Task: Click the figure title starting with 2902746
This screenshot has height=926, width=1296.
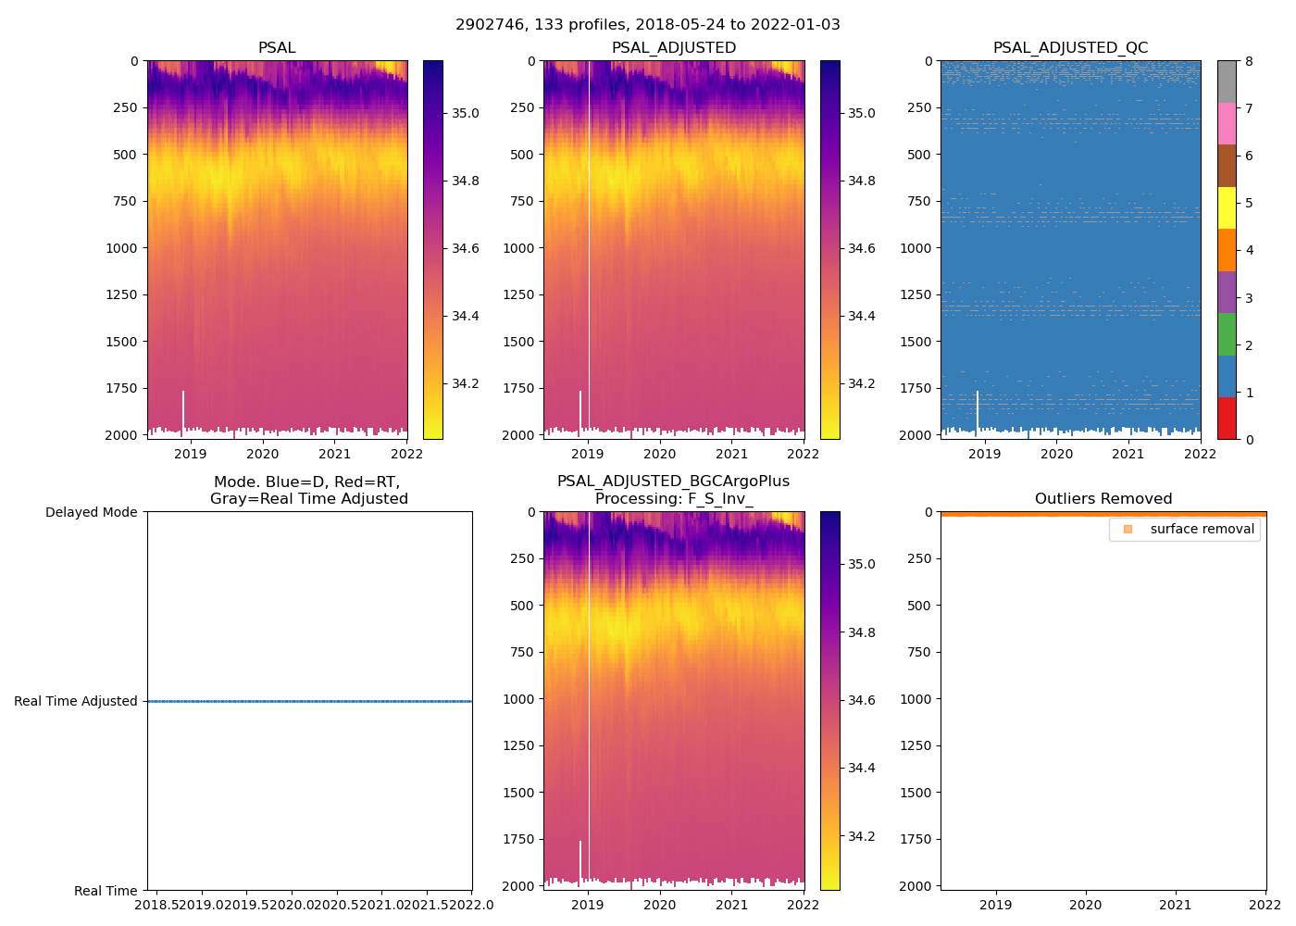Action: click(648, 25)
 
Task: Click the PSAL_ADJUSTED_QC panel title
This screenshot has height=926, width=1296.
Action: click(1070, 48)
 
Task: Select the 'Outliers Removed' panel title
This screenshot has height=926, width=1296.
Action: click(1103, 499)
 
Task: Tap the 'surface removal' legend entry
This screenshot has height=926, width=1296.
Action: click(1202, 530)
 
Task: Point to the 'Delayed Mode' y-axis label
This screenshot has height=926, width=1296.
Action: click(91, 512)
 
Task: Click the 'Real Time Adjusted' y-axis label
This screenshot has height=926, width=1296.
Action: click(76, 701)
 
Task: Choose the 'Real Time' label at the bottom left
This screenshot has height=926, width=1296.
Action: click(106, 891)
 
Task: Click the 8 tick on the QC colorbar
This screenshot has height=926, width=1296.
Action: click(1249, 62)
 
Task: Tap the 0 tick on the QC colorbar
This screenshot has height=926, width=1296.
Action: click(1249, 439)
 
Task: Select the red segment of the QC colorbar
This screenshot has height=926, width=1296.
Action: click(1227, 418)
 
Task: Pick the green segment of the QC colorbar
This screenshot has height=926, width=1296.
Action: click(1227, 334)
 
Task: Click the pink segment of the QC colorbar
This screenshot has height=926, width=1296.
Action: click(1227, 124)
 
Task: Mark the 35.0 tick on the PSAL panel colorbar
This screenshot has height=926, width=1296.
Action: click(465, 113)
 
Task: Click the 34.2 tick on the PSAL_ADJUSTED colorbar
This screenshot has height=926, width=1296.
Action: click(862, 383)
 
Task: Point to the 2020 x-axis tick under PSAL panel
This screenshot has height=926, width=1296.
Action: click(263, 454)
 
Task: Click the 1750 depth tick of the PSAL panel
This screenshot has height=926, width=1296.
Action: click(121, 388)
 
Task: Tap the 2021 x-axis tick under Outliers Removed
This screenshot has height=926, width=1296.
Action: click(1176, 905)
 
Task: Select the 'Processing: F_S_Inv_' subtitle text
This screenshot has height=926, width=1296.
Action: click(673, 499)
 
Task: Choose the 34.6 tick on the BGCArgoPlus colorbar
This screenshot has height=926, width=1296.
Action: click(862, 700)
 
